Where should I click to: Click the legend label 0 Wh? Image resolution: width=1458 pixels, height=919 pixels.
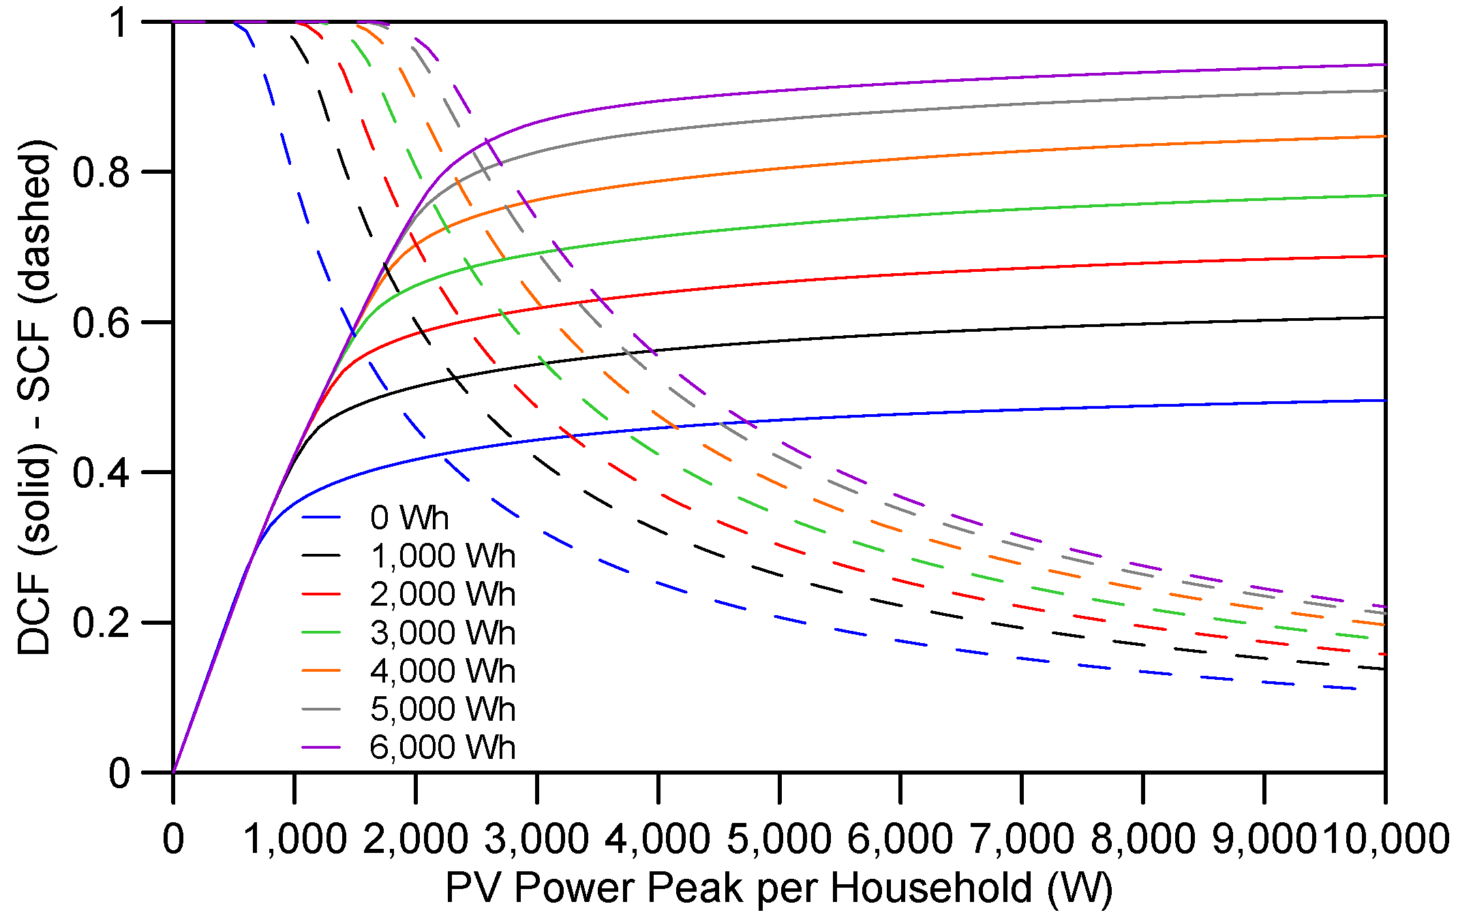409,518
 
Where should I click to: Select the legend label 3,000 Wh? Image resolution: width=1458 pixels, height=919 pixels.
442,633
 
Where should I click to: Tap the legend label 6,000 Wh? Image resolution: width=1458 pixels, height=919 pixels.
442,747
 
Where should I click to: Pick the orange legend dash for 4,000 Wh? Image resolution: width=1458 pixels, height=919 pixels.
321,671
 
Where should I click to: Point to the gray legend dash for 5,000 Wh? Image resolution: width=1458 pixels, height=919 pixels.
321,709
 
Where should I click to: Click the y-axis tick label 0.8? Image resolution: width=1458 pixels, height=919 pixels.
101,172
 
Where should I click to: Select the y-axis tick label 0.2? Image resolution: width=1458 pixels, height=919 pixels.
101,623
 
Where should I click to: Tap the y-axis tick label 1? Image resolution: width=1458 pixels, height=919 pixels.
120,23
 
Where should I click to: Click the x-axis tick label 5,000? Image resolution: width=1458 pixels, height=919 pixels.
778,839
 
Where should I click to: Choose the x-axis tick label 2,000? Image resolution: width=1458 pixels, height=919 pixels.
415,839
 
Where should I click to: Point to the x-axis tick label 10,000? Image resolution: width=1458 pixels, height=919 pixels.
1386,839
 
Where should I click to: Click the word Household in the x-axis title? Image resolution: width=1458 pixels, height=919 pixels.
931,888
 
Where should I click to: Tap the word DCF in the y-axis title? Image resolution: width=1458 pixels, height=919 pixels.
34,611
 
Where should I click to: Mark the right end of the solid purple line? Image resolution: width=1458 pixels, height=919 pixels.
1384,65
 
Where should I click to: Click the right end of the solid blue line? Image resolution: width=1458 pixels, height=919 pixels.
1384,401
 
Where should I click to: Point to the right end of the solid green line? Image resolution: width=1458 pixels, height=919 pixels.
1384,196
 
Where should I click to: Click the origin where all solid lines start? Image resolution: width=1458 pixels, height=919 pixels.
173,773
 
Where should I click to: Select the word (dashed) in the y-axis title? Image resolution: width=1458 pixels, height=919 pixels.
34,222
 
